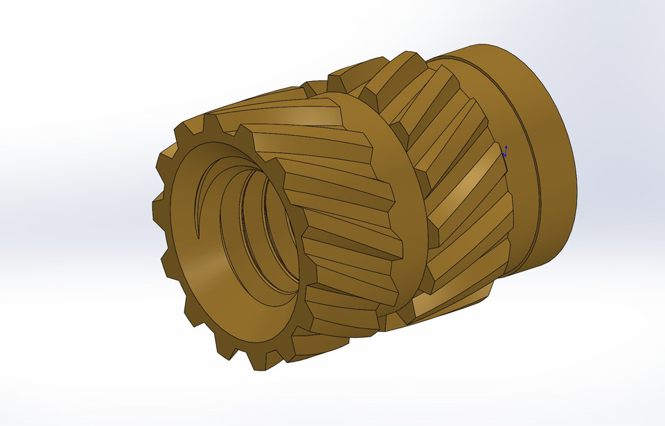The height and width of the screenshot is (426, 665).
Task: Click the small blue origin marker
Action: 505,151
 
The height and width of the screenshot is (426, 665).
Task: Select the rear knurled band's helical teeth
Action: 457,208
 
